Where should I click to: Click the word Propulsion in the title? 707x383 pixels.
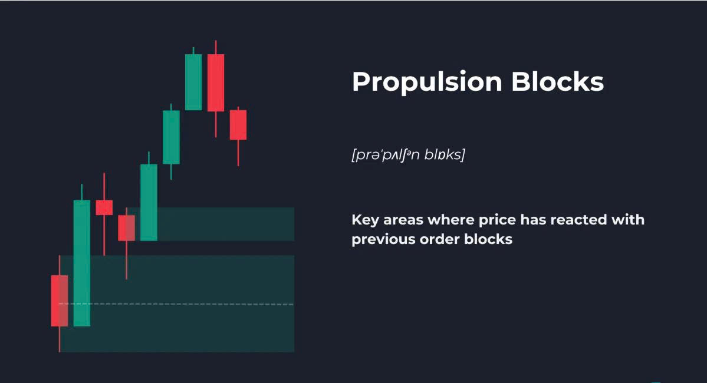point(427,82)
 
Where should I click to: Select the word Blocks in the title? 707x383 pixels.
point(557,81)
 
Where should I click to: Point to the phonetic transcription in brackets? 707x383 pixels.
point(408,154)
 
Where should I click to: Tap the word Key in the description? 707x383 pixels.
point(365,220)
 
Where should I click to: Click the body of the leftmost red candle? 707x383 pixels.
point(60,301)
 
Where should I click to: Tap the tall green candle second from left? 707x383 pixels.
point(81,263)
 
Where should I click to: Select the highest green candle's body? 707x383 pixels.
point(193,82)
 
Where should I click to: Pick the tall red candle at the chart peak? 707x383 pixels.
point(216,82)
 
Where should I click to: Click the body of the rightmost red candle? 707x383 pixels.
point(238,125)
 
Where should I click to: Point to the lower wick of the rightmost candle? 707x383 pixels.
point(238,153)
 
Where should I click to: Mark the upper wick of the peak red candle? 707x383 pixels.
point(216,47)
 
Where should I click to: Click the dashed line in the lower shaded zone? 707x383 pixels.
point(176,304)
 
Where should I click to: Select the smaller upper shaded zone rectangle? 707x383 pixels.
point(211,224)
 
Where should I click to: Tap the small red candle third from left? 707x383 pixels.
point(104,207)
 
